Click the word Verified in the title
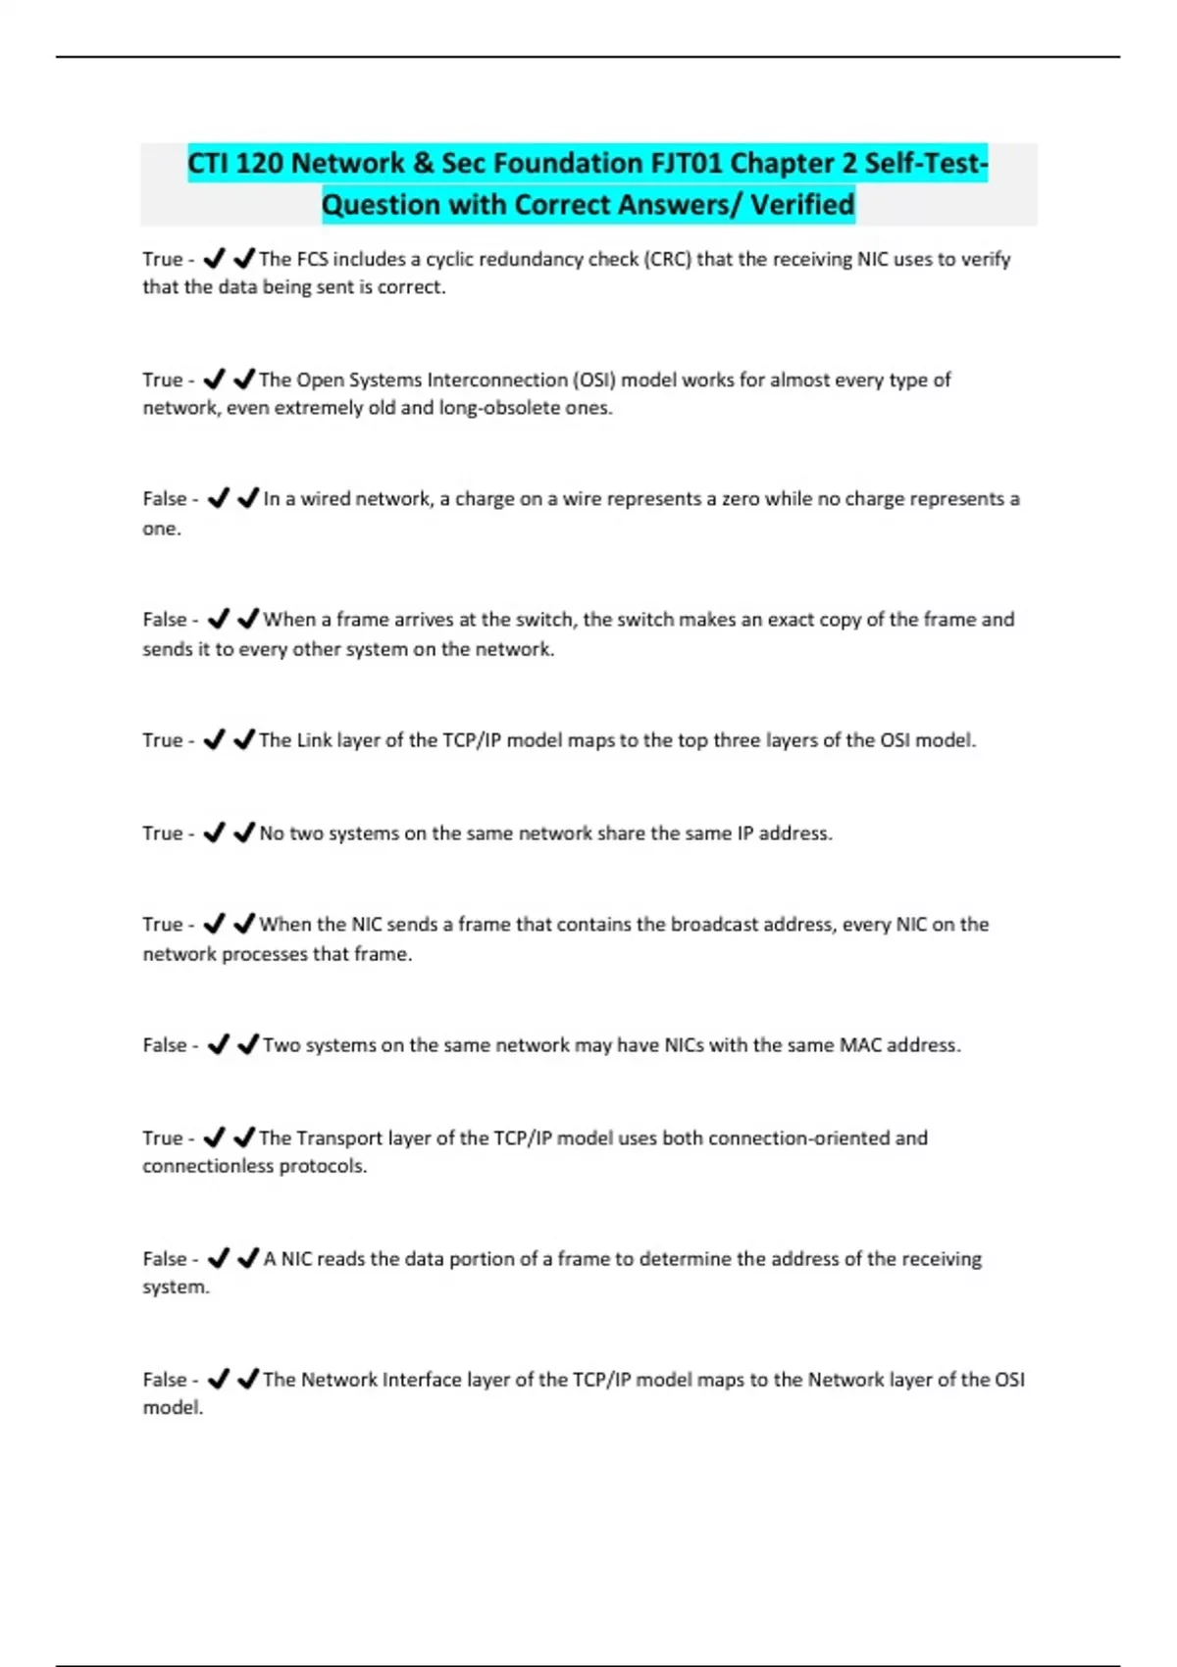(802, 205)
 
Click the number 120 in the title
(258, 163)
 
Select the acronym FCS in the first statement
(312, 259)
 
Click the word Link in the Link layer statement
(314, 740)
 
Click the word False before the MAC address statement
(164, 1045)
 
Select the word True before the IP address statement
(162, 833)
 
